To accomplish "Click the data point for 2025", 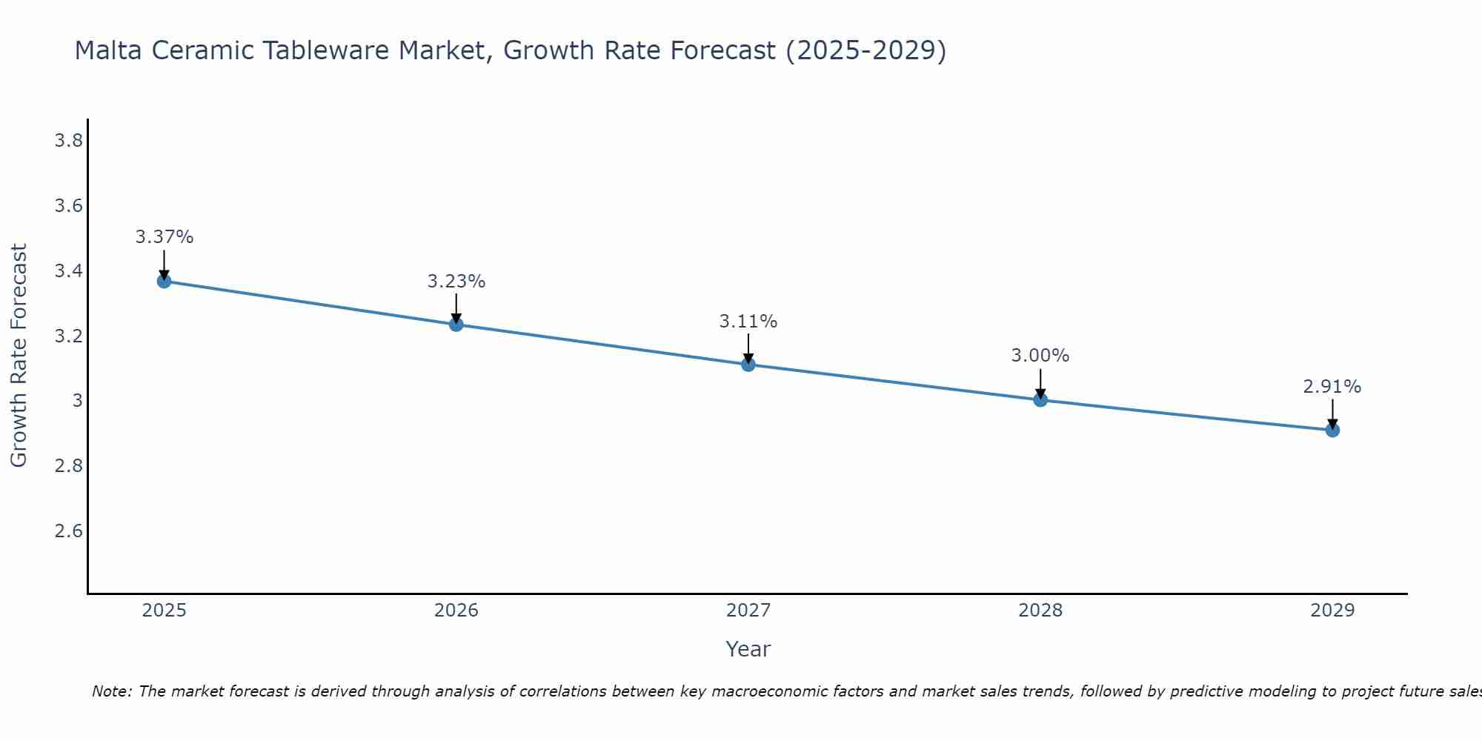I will pos(164,282).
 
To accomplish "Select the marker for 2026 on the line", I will pos(456,325).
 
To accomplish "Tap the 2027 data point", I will pos(748,365).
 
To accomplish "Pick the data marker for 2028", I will pos(1040,400).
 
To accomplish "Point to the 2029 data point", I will pos(1332,430).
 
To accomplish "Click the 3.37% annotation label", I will pos(164,237).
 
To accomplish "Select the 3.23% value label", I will pos(456,282).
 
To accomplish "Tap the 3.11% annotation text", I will pos(748,322).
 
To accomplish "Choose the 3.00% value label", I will pos(1040,356).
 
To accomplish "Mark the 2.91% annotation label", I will pos(1332,387).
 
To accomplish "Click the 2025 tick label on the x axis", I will pos(164,611).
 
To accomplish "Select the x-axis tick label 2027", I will pos(748,611).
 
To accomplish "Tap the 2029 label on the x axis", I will pos(1332,611).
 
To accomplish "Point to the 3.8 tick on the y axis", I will pos(68,141).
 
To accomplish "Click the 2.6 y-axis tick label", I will pos(68,531).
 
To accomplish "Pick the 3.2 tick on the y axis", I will pos(68,336).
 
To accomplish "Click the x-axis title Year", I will pos(748,649).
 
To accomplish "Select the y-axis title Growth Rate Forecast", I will pos(19,356).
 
